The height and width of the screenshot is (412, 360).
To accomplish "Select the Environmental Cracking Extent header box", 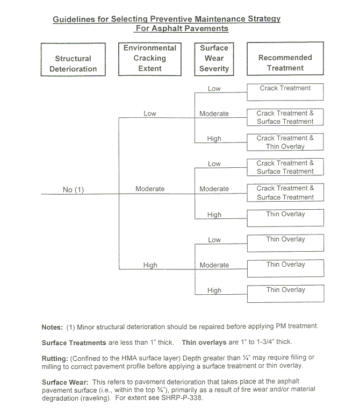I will click(150, 59).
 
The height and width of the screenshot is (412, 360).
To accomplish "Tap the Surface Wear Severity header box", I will click(214, 59).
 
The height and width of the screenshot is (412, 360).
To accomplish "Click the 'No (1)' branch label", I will click(74, 190).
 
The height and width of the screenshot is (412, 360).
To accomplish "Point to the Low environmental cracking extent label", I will click(150, 113).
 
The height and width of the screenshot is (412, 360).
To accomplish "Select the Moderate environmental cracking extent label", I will click(150, 189).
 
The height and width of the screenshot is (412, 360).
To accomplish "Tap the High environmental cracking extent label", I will click(150, 265).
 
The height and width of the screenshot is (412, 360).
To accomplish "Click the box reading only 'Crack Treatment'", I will click(285, 91).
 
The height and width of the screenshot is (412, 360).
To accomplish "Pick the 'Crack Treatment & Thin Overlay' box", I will click(285, 142).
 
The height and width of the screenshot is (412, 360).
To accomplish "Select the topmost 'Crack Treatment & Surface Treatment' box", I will click(285, 117).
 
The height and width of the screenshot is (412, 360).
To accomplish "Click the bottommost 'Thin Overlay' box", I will click(285, 293).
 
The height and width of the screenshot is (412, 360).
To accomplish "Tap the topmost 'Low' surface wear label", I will click(214, 88).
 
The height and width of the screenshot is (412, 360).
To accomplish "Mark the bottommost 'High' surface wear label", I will click(214, 290).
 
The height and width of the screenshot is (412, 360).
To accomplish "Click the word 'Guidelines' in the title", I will click(74, 19).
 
